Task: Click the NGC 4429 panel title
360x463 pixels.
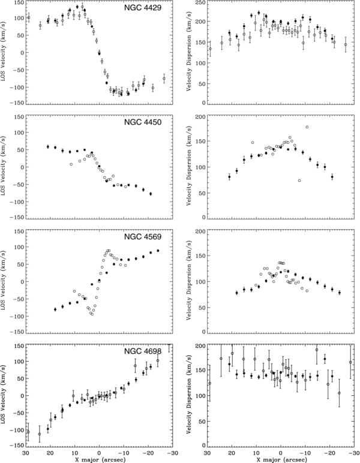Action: pos(143,8)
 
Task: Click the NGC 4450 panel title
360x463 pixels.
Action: pos(143,122)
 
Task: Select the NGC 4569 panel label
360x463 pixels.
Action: pos(143,237)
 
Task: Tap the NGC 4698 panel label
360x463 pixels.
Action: pos(143,351)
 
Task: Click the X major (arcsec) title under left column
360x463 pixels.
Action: pos(99,460)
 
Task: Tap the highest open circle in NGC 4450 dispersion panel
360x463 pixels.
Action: pos(307,127)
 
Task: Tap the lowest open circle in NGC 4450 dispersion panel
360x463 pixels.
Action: pos(299,181)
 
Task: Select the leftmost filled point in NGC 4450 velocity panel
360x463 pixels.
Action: pos(48,147)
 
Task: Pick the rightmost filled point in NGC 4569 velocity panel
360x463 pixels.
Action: pos(158,251)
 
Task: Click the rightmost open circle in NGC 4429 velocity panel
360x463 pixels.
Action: pos(164,79)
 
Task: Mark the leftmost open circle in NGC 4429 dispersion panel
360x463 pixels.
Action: pos(210,49)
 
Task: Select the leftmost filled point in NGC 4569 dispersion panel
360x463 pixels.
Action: pos(236,293)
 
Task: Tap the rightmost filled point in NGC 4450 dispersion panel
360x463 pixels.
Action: pos(332,177)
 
